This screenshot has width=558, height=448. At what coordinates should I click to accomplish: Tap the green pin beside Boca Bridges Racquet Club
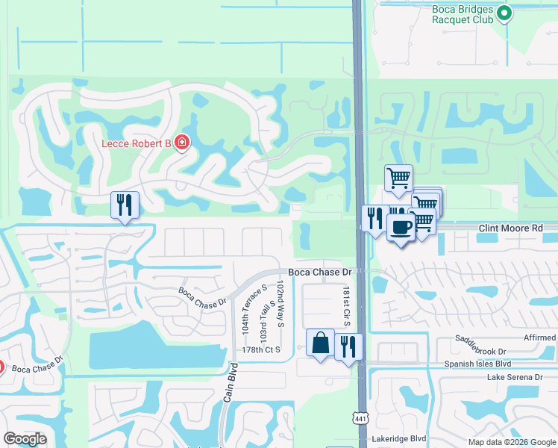coord(504,12)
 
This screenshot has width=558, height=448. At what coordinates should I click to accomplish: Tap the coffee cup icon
coord(401,227)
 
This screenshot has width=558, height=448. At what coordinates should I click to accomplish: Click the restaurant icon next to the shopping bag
coord(348,346)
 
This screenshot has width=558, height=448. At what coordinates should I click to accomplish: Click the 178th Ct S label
coord(260,349)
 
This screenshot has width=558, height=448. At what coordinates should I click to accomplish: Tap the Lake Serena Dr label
coord(514,378)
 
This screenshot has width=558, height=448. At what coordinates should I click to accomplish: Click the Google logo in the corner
coord(25,439)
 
